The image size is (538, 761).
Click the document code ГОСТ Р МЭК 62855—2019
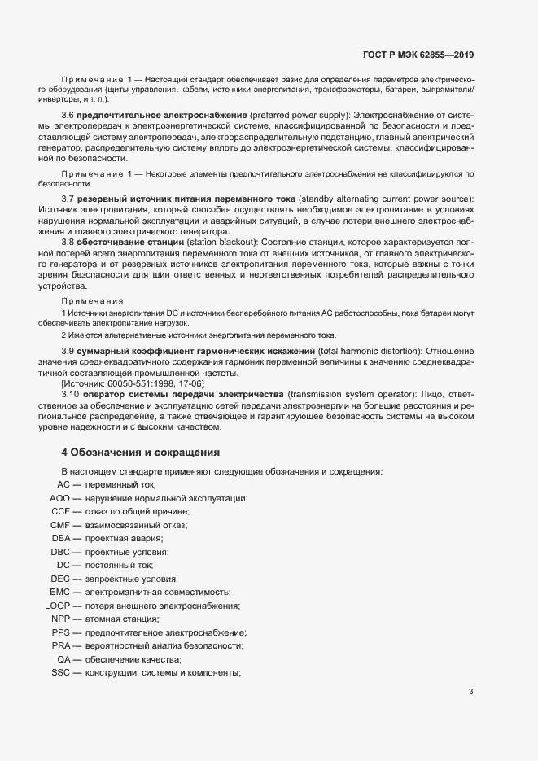point(418,55)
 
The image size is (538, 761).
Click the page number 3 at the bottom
point(471,692)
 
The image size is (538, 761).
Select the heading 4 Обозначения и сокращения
point(141,452)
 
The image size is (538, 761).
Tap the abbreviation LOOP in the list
point(57,606)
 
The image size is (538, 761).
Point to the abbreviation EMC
point(59,592)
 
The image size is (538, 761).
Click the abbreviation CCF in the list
point(61,511)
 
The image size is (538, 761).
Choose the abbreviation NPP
point(61,619)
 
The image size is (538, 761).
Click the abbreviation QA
point(63,658)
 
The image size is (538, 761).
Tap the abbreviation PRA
point(61,645)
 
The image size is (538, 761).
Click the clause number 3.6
point(68,116)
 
